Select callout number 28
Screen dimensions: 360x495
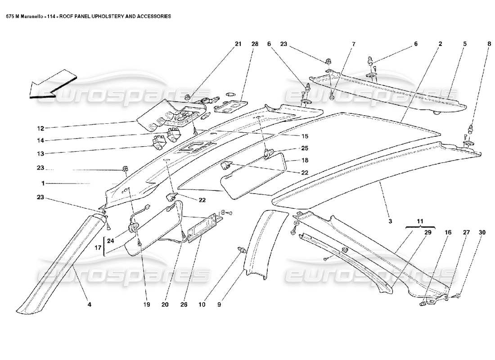coord(255,44)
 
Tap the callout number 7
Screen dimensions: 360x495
coord(353,44)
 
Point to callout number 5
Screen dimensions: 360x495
coord(464,44)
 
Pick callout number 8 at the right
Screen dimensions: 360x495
coord(489,44)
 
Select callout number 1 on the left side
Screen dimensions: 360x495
coord(43,184)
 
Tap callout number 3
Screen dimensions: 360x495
coord(390,221)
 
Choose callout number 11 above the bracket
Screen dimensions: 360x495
coord(419,222)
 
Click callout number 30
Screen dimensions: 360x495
coord(482,232)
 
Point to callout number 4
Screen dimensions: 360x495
coord(89,305)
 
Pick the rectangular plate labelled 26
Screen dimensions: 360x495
coord(203,228)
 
